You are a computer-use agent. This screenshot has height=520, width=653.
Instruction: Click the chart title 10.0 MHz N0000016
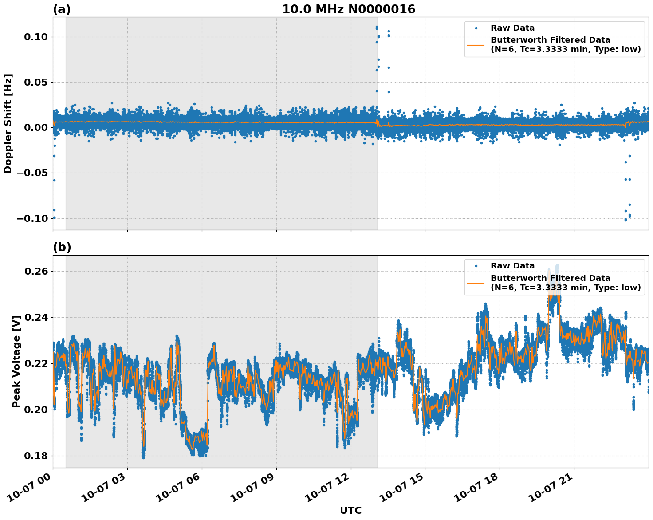pos(349,9)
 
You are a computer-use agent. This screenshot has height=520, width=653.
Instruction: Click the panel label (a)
pos(62,9)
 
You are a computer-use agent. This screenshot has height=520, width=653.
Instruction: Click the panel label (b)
pos(62,247)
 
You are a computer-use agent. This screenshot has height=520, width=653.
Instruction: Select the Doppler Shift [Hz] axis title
pos(8,123)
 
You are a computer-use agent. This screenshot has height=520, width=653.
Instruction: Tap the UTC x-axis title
pos(350,510)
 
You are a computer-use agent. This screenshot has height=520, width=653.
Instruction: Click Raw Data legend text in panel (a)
pos(512,28)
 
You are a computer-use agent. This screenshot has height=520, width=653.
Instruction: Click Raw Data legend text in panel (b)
pos(512,266)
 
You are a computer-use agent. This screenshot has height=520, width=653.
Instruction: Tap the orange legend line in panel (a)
pos(476,44)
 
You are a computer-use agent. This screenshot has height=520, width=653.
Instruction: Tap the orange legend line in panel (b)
pos(476,283)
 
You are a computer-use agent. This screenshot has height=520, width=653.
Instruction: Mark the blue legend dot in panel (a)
pos(476,28)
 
